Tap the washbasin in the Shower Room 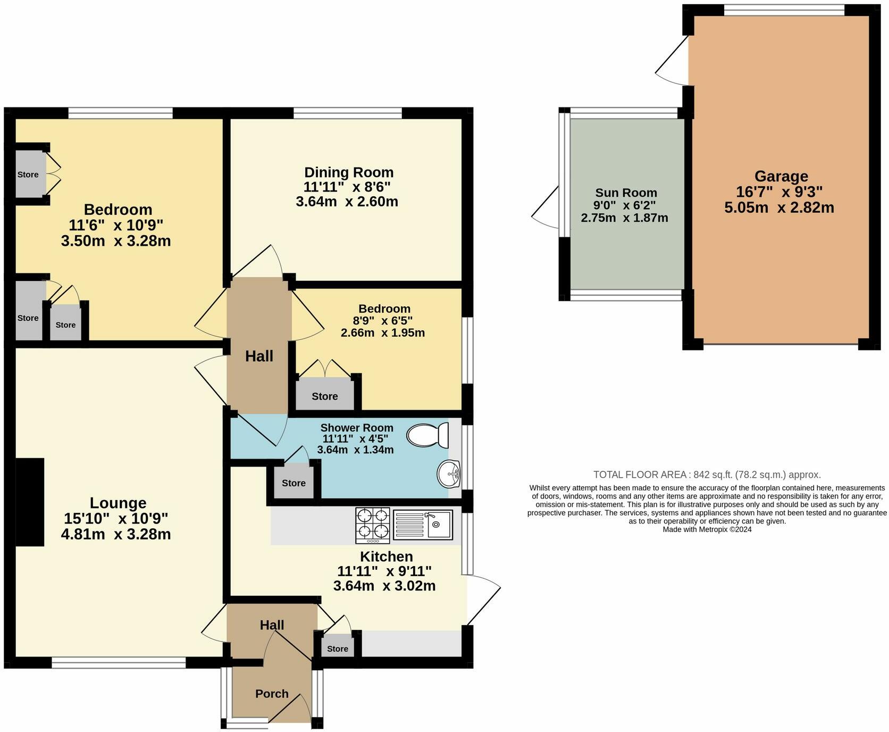(x=449, y=473)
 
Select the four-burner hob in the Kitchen (x=373, y=526)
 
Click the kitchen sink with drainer (x=423, y=525)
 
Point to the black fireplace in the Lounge (x=29, y=502)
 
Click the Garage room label (x=781, y=176)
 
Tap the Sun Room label (x=626, y=193)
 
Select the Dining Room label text (x=349, y=172)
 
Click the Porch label (x=272, y=694)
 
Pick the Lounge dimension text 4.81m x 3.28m (x=116, y=534)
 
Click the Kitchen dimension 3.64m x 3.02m (x=384, y=586)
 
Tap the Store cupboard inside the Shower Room (x=293, y=483)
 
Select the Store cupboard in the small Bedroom (x=325, y=396)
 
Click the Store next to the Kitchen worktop (x=338, y=648)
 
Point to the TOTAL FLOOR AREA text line (x=707, y=475)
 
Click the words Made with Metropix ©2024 (x=707, y=529)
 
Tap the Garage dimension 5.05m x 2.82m (x=779, y=207)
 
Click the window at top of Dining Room (x=348, y=113)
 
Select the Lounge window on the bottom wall (x=119, y=662)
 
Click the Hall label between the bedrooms (x=259, y=356)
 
